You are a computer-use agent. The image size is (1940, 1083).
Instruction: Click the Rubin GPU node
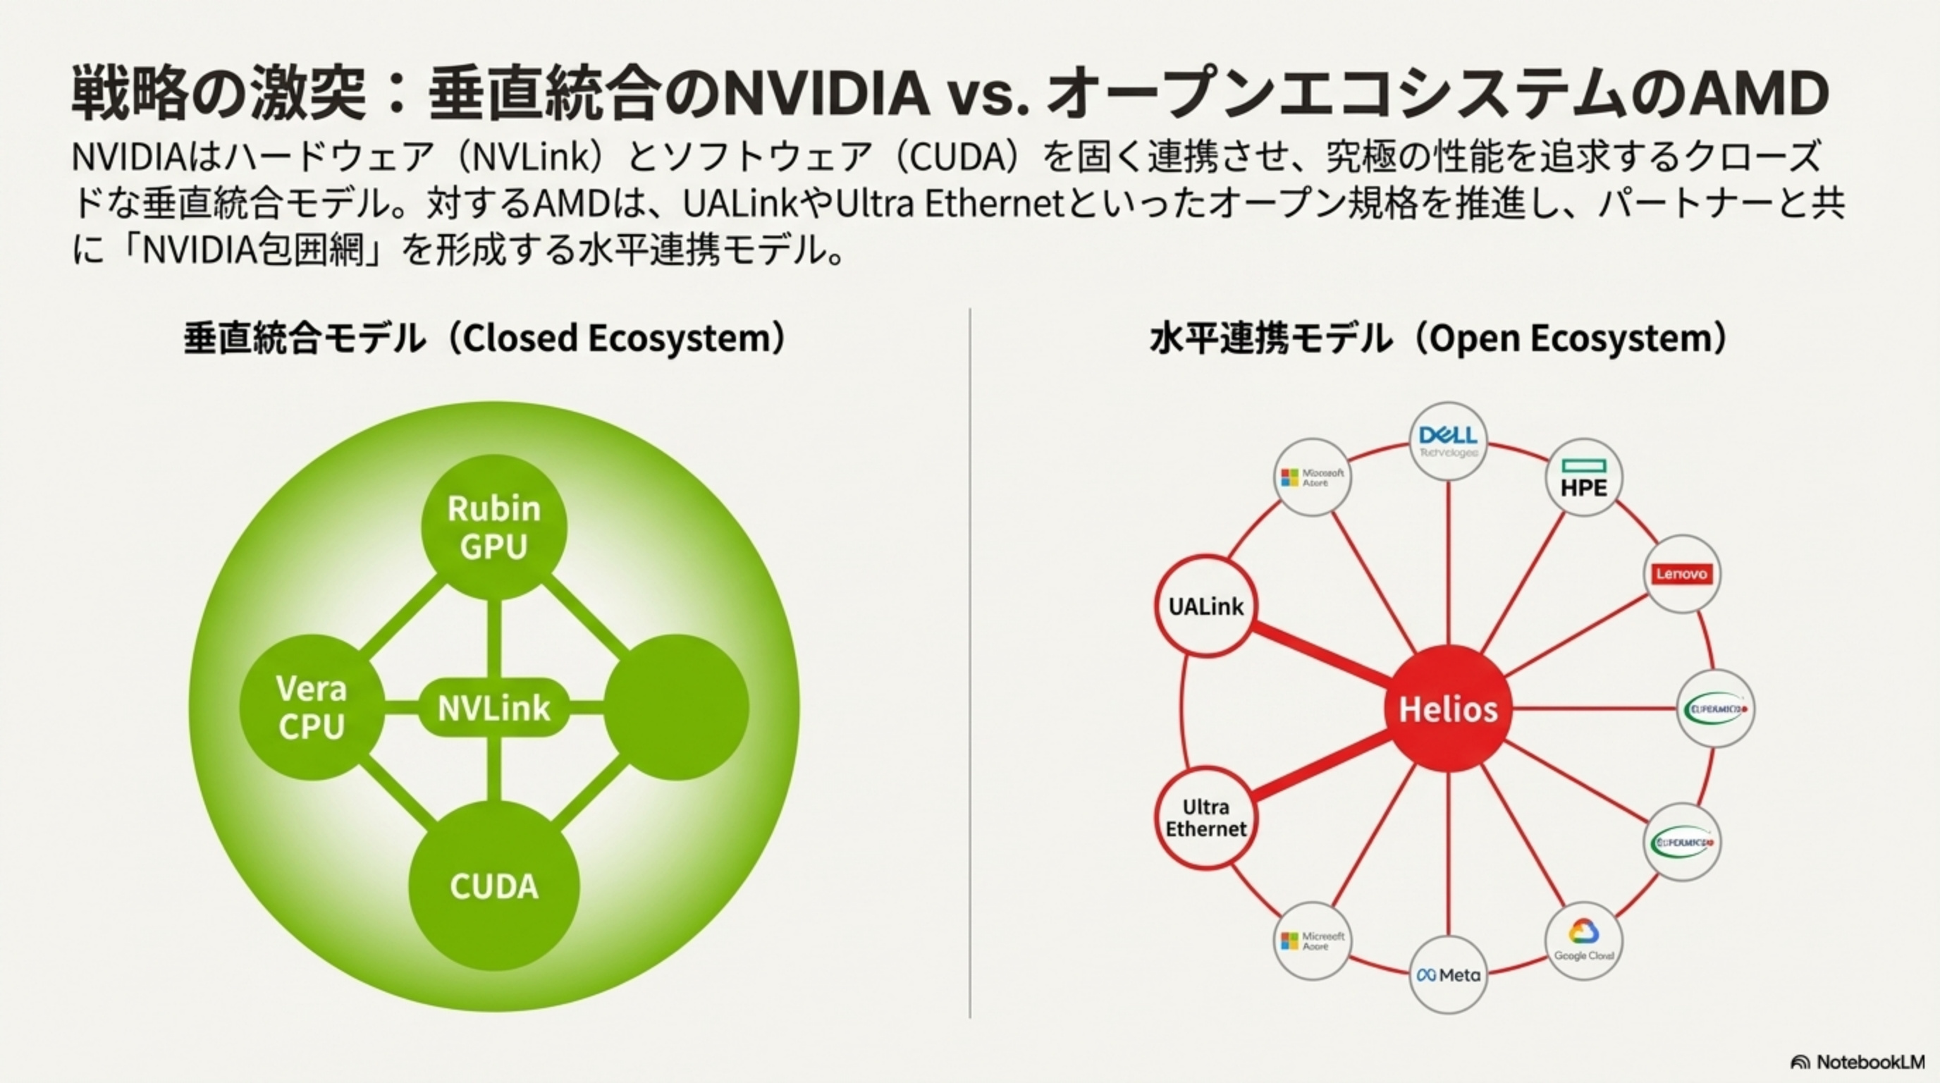pyautogui.click(x=493, y=527)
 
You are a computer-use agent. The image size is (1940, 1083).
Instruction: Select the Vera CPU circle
pyautogui.click(x=312, y=707)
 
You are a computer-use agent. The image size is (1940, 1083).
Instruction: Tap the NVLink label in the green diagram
pyautogui.click(x=493, y=708)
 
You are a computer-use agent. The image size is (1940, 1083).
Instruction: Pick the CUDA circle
pyautogui.click(x=493, y=886)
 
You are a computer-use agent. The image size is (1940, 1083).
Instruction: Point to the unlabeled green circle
pyautogui.click(x=675, y=707)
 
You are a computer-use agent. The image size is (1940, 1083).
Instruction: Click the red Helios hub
pyautogui.click(x=1447, y=709)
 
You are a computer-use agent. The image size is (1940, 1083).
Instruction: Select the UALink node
pyautogui.click(x=1205, y=606)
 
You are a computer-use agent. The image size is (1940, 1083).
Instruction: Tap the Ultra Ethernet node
pyautogui.click(x=1205, y=818)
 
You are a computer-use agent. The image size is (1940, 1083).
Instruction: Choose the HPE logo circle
pyautogui.click(x=1583, y=478)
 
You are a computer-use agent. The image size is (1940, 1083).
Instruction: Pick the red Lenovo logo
pyautogui.click(x=1681, y=574)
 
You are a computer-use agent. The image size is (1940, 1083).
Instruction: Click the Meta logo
pyautogui.click(x=1447, y=974)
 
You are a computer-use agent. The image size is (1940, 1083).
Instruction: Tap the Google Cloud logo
pyautogui.click(x=1583, y=941)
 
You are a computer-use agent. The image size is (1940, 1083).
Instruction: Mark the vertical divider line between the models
pyautogui.click(x=969, y=663)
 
